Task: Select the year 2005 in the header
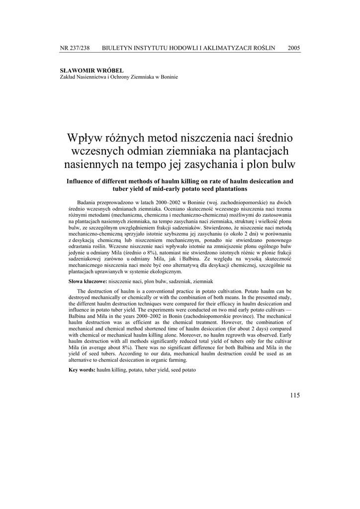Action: [x=293, y=48]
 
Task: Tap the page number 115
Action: [x=294, y=395]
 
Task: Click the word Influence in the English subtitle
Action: [x=84, y=181]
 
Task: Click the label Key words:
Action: [x=82, y=371]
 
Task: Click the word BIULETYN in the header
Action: [x=118, y=48]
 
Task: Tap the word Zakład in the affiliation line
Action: [x=67, y=77]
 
